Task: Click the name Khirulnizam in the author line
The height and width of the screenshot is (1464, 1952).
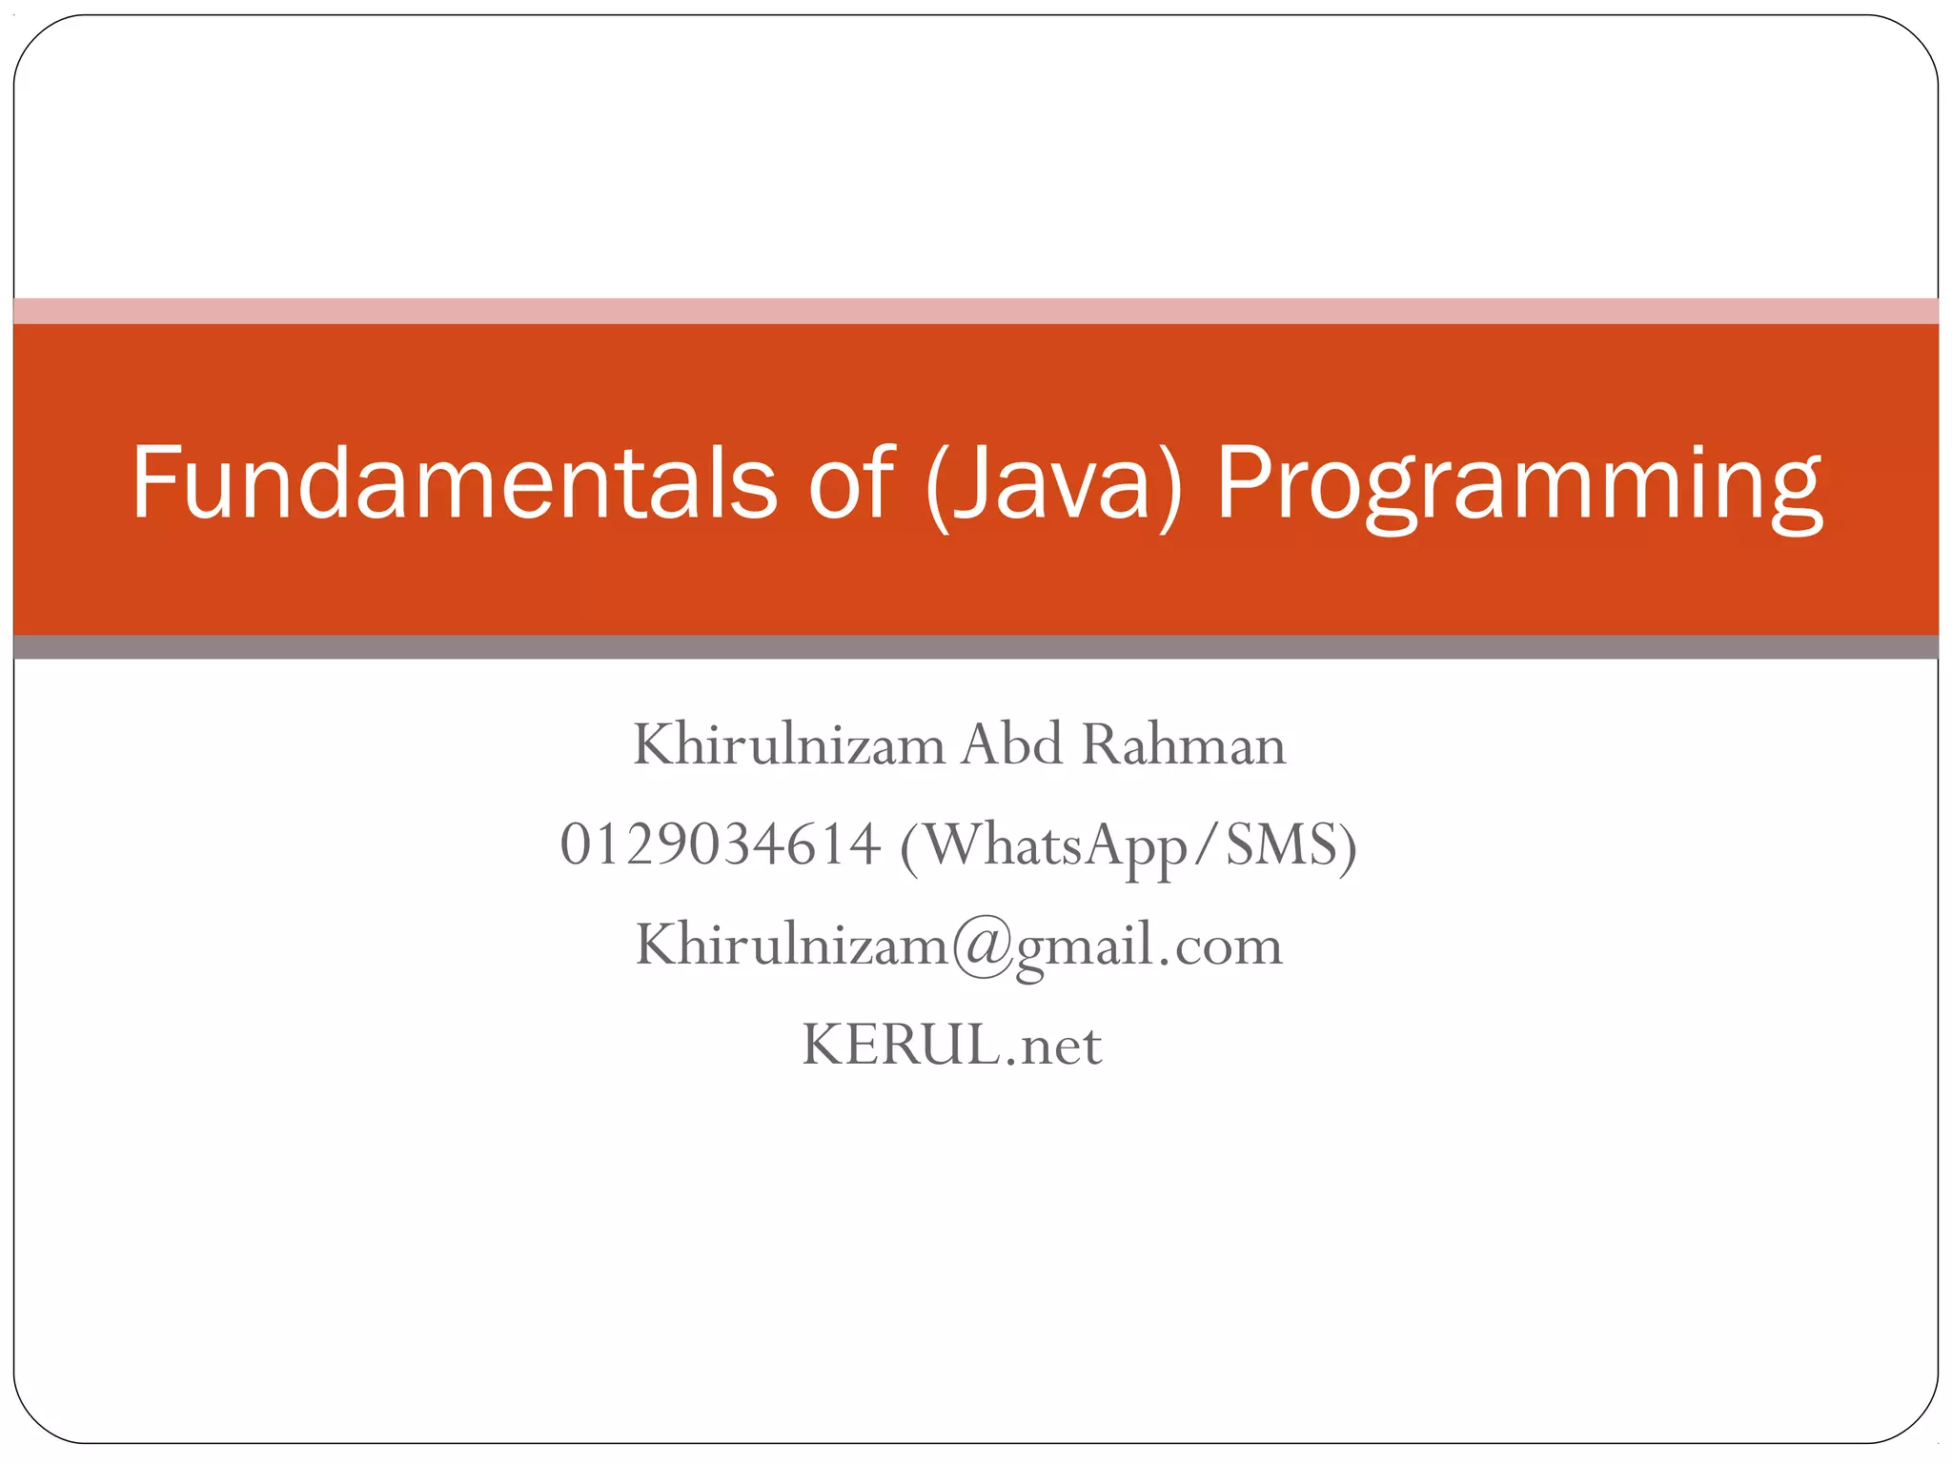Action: pos(788,744)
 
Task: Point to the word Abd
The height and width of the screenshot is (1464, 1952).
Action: pos(1011,744)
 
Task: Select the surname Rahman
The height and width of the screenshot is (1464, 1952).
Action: pos(1184,744)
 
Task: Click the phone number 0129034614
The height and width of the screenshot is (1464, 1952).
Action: pos(720,844)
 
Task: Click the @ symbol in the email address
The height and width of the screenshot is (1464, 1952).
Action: pos(983,946)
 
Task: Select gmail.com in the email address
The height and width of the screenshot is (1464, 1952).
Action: pos(1149,946)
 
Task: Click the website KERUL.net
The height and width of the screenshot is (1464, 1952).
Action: pos(951,1045)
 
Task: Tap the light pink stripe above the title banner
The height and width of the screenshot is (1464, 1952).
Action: pos(976,311)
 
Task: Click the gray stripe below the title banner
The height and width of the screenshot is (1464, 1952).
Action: pos(976,647)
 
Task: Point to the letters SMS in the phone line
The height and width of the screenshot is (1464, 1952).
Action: pos(1281,844)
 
